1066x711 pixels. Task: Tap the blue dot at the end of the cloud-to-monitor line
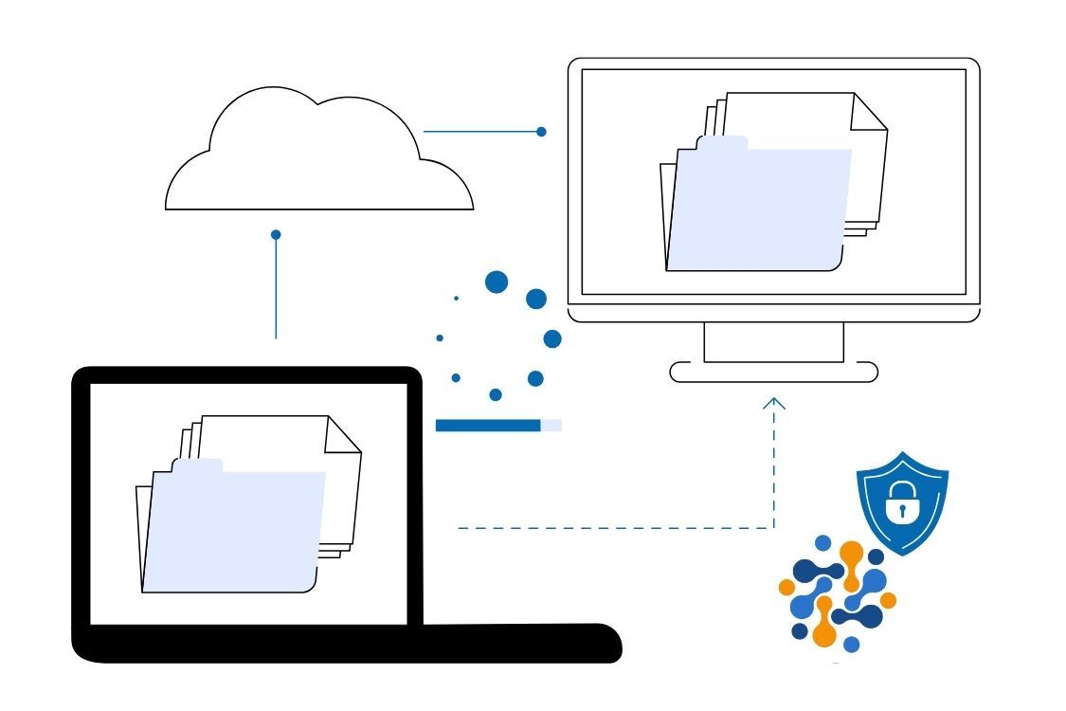coord(541,132)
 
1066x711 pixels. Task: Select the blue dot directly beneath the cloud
coord(276,234)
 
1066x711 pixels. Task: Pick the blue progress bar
coord(488,426)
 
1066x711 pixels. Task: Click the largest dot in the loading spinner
coord(496,282)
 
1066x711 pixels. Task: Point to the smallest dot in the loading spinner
coord(456,299)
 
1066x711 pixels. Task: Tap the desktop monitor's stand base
coord(773,372)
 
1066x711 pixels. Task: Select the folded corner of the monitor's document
coord(867,112)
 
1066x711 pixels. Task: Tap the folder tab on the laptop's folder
coord(197,465)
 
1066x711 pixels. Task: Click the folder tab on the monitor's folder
coord(722,142)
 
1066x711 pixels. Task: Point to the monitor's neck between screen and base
coord(773,342)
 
